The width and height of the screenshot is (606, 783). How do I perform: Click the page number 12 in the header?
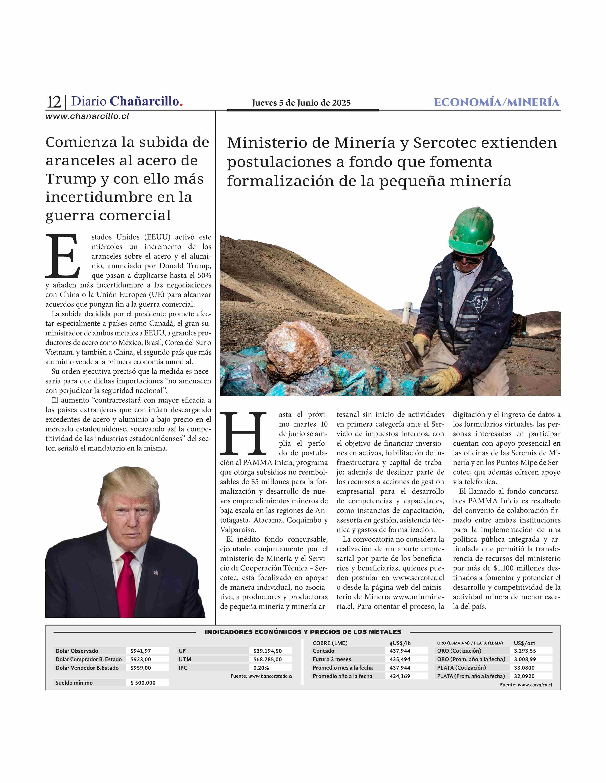point(54,102)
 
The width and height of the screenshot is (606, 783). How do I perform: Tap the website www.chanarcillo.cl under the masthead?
point(87,116)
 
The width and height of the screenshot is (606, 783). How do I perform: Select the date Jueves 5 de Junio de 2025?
point(301,103)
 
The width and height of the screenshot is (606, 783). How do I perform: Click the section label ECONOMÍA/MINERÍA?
point(497,103)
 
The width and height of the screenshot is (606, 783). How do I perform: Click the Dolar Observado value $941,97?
point(141,651)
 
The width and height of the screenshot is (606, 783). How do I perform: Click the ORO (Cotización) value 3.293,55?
point(525,651)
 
